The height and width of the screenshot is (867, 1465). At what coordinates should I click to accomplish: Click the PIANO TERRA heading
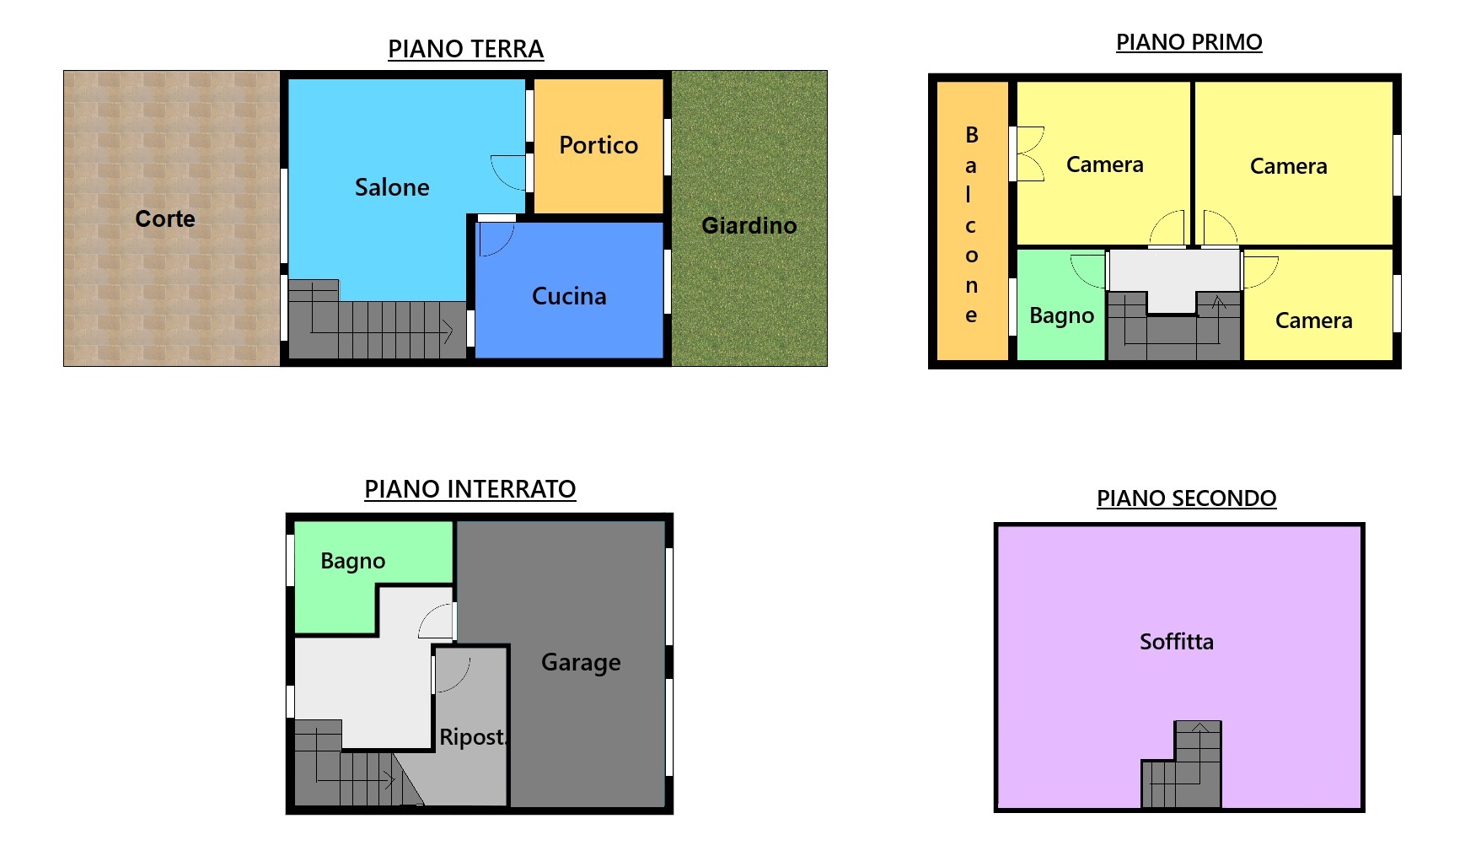coord(465,49)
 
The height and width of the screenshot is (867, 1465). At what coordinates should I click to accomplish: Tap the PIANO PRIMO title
coord(1189,42)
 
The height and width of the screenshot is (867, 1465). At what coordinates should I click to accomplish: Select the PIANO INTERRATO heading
coord(470,489)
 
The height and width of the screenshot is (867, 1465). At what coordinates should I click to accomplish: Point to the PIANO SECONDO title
coord(1186,498)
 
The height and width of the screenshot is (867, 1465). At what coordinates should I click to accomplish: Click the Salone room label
coord(392,187)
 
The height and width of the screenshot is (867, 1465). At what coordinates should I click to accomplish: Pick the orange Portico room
coord(598,146)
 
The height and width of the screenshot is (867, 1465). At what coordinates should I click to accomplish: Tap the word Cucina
coord(569,296)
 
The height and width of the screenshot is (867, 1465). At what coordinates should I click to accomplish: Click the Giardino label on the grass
coord(749,225)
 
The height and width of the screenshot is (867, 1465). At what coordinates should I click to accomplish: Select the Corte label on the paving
coord(165,218)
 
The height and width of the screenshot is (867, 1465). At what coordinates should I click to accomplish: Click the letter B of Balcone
coord(972,135)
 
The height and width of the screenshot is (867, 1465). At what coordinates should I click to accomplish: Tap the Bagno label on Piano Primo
coord(1062,316)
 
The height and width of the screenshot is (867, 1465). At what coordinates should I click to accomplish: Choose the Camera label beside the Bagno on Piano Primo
coord(1313,320)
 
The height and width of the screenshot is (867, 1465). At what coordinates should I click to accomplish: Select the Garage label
coord(581,663)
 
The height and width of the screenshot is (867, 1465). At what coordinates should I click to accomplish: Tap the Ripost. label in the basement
coord(473,737)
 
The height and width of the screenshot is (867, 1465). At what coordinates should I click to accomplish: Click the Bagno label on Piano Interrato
coord(353,562)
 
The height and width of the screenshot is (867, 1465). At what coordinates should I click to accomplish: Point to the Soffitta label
coord(1177,642)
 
